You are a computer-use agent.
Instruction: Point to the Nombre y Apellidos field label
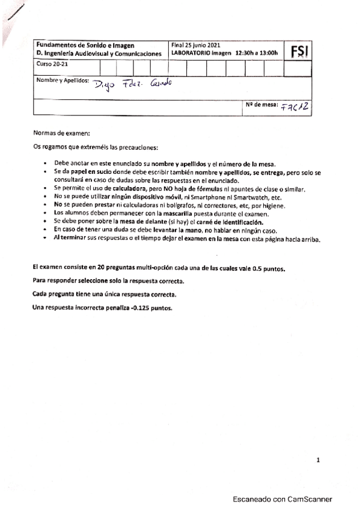(x=63, y=80)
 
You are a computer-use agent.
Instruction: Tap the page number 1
(x=319, y=461)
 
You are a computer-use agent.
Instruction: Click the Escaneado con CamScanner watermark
(x=282, y=499)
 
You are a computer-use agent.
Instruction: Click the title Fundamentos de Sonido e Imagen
(x=85, y=45)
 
